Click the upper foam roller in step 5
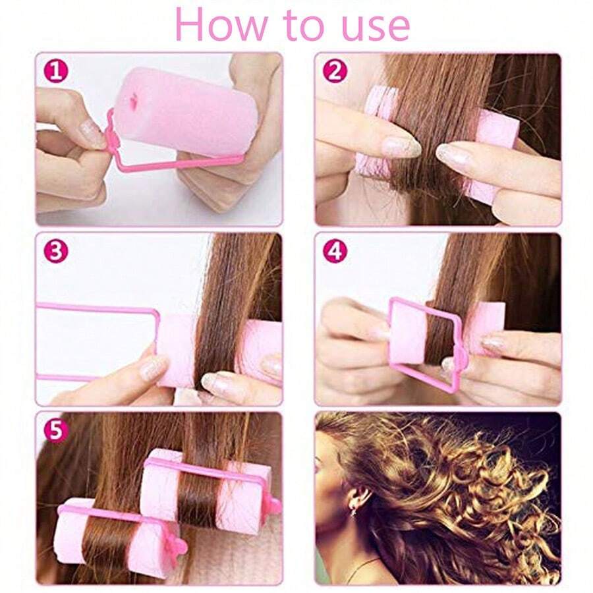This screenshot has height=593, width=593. coord(211,491)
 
